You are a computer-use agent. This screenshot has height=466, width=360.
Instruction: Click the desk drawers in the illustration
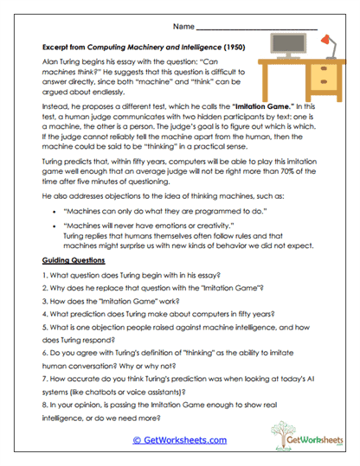[x=321, y=77]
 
